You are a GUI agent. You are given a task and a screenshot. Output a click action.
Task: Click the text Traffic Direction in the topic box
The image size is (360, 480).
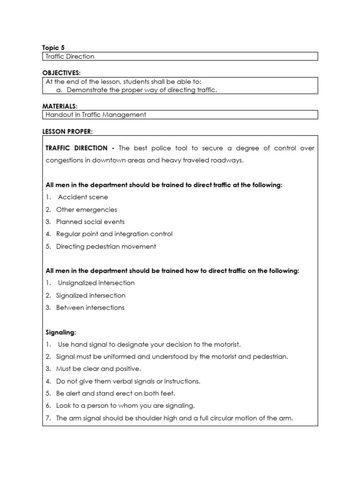[x=70, y=56]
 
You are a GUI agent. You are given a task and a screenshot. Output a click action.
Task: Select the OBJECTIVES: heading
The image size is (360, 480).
[x=61, y=73]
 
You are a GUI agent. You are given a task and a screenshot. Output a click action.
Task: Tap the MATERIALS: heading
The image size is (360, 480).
[x=60, y=106]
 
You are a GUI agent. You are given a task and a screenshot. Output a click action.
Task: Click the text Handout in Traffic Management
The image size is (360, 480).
[x=96, y=114]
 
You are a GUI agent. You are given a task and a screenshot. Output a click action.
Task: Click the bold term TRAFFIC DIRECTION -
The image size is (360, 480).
[x=80, y=148]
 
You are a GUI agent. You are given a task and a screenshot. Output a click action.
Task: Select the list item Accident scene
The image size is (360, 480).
[x=82, y=197]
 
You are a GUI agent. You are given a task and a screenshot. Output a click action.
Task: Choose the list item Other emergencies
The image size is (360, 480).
[x=86, y=210]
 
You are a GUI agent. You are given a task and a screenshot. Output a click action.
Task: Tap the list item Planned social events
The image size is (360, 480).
[x=90, y=222]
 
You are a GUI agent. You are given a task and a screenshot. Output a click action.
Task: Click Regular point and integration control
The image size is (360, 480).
[x=114, y=234]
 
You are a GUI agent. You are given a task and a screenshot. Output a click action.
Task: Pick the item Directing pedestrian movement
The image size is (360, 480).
[x=106, y=246]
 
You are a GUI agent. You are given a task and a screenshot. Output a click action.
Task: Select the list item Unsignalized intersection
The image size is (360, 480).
[x=96, y=283]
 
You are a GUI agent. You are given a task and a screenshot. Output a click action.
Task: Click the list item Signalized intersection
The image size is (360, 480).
[x=90, y=295]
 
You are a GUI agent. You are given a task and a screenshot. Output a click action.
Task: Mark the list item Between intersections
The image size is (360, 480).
[x=90, y=307]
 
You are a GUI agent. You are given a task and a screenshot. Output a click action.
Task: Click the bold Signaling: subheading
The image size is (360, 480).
[x=60, y=332]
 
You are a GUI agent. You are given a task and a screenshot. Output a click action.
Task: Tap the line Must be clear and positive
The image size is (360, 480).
[x=98, y=369]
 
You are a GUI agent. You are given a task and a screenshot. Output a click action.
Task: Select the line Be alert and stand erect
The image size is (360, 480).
[x=115, y=393]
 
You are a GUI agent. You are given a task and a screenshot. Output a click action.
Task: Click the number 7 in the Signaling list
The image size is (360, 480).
[x=48, y=418]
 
